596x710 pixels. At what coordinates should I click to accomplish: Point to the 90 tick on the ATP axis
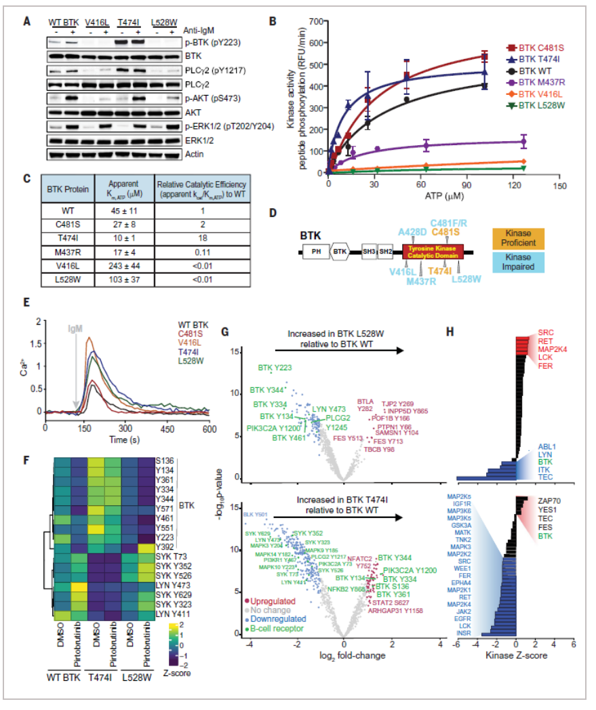(x=468, y=184)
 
